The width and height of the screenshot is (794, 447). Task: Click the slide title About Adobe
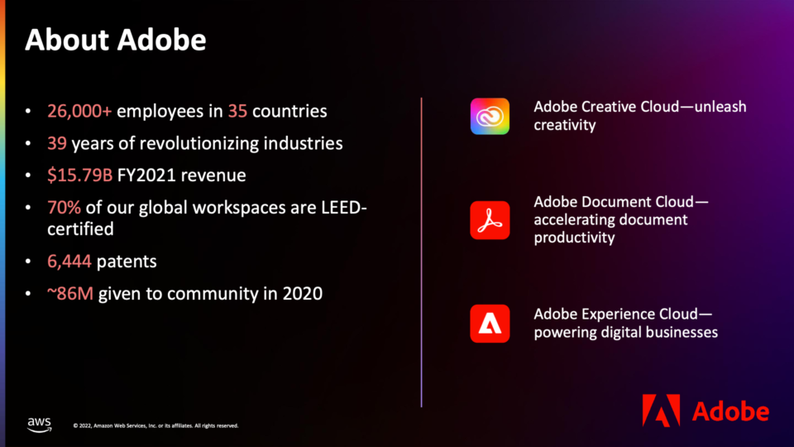pyautogui.click(x=116, y=40)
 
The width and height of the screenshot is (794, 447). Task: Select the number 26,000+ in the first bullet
pyautogui.click(x=79, y=111)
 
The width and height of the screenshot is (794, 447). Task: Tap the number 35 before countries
pyautogui.click(x=237, y=111)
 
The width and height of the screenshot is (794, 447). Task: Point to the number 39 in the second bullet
pyautogui.click(x=57, y=143)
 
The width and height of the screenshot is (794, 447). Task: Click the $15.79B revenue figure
pyautogui.click(x=79, y=175)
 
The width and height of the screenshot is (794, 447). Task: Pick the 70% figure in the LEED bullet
pyautogui.click(x=64, y=207)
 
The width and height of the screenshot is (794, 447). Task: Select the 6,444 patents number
pyautogui.click(x=69, y=262)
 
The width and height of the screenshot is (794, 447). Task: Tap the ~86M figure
pyautogui.click(x=69, y=293)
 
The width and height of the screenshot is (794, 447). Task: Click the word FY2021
pyautogui.click(x=146, y=175)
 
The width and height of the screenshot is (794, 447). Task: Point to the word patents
pyautogui.click(x=127, y=262)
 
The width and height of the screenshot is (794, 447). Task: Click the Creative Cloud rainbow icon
pyautogui.click(x=490, y=117)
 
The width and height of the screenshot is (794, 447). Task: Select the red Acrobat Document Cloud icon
pyautogui.click(x=490, y=220)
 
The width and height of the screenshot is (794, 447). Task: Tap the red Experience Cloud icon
pyautogui.click(x=490, y=324)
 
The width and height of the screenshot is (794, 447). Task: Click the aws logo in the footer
pyautogui.click(x=39, y=425)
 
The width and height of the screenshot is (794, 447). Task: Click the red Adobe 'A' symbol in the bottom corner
pyautogui.click(x=662, y=410)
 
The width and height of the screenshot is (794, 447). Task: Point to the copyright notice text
pyautogui.click(x=156, y=425)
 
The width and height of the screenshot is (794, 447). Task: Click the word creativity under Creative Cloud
pyautogui.click(x=565, y=125)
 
